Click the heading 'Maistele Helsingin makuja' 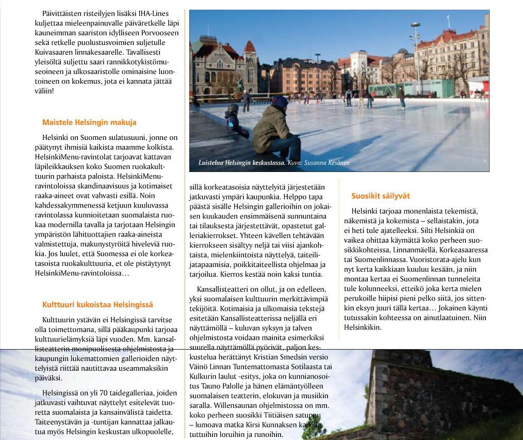[89, 122]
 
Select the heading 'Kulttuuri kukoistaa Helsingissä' [97, 305]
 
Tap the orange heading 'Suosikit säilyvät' [381, 196]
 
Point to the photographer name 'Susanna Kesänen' [327, 163]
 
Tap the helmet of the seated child [233, 108]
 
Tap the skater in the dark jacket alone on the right [401, 97]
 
